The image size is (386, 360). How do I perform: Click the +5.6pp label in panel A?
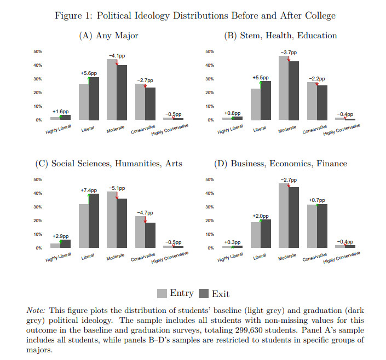point(89,73)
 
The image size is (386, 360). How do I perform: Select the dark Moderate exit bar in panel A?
point(122,92)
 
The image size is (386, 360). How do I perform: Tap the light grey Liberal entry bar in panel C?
point(84,225)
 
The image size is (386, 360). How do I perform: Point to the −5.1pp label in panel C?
point(117,188)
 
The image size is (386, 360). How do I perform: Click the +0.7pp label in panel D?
point(317,200)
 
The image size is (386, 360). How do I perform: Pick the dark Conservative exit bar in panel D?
point(322,226)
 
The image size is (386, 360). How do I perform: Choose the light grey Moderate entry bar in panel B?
point(284,88)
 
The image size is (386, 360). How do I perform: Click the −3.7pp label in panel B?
point(289,53)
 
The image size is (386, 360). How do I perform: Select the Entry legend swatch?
point(162,293)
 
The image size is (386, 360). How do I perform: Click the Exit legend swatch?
point(204,293)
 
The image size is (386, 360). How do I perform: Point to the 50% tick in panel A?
point(38,51)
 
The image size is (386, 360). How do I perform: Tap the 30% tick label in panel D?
point(210,207)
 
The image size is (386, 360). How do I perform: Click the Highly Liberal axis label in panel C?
point(59,257)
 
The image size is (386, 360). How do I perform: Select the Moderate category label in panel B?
point(287,129)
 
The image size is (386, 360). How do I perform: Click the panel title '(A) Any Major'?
point(108,36)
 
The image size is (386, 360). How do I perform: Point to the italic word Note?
point(36,310)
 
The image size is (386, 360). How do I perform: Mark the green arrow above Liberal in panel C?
point(89,199)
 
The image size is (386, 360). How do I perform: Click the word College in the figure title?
point(320,16)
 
